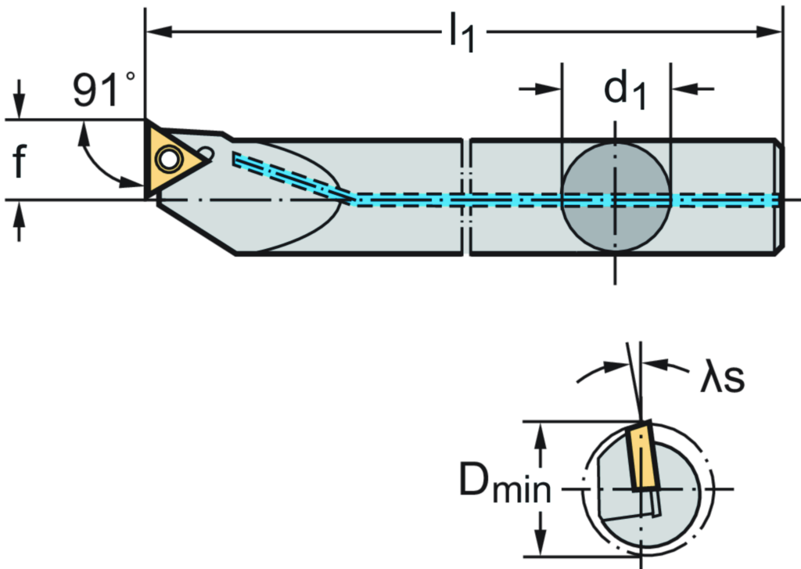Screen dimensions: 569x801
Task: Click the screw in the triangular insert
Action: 167,159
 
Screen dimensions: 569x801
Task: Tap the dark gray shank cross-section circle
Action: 616,197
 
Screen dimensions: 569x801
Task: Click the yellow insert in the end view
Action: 641,457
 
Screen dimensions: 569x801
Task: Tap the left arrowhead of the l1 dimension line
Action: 156,32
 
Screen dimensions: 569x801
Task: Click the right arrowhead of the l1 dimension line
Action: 771,32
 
